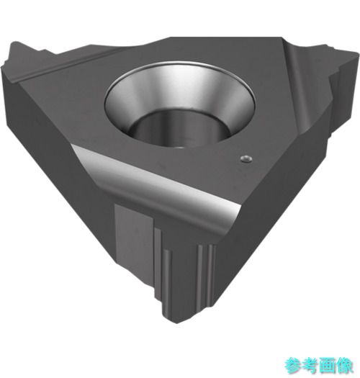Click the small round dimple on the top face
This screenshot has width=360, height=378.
coord(246,159)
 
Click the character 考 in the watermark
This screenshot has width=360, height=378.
coord(310,366)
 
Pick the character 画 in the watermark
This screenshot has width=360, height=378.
coord(328,366)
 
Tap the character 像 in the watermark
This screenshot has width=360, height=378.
coord(345,366)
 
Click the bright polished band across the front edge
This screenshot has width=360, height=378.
coord(157,181)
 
